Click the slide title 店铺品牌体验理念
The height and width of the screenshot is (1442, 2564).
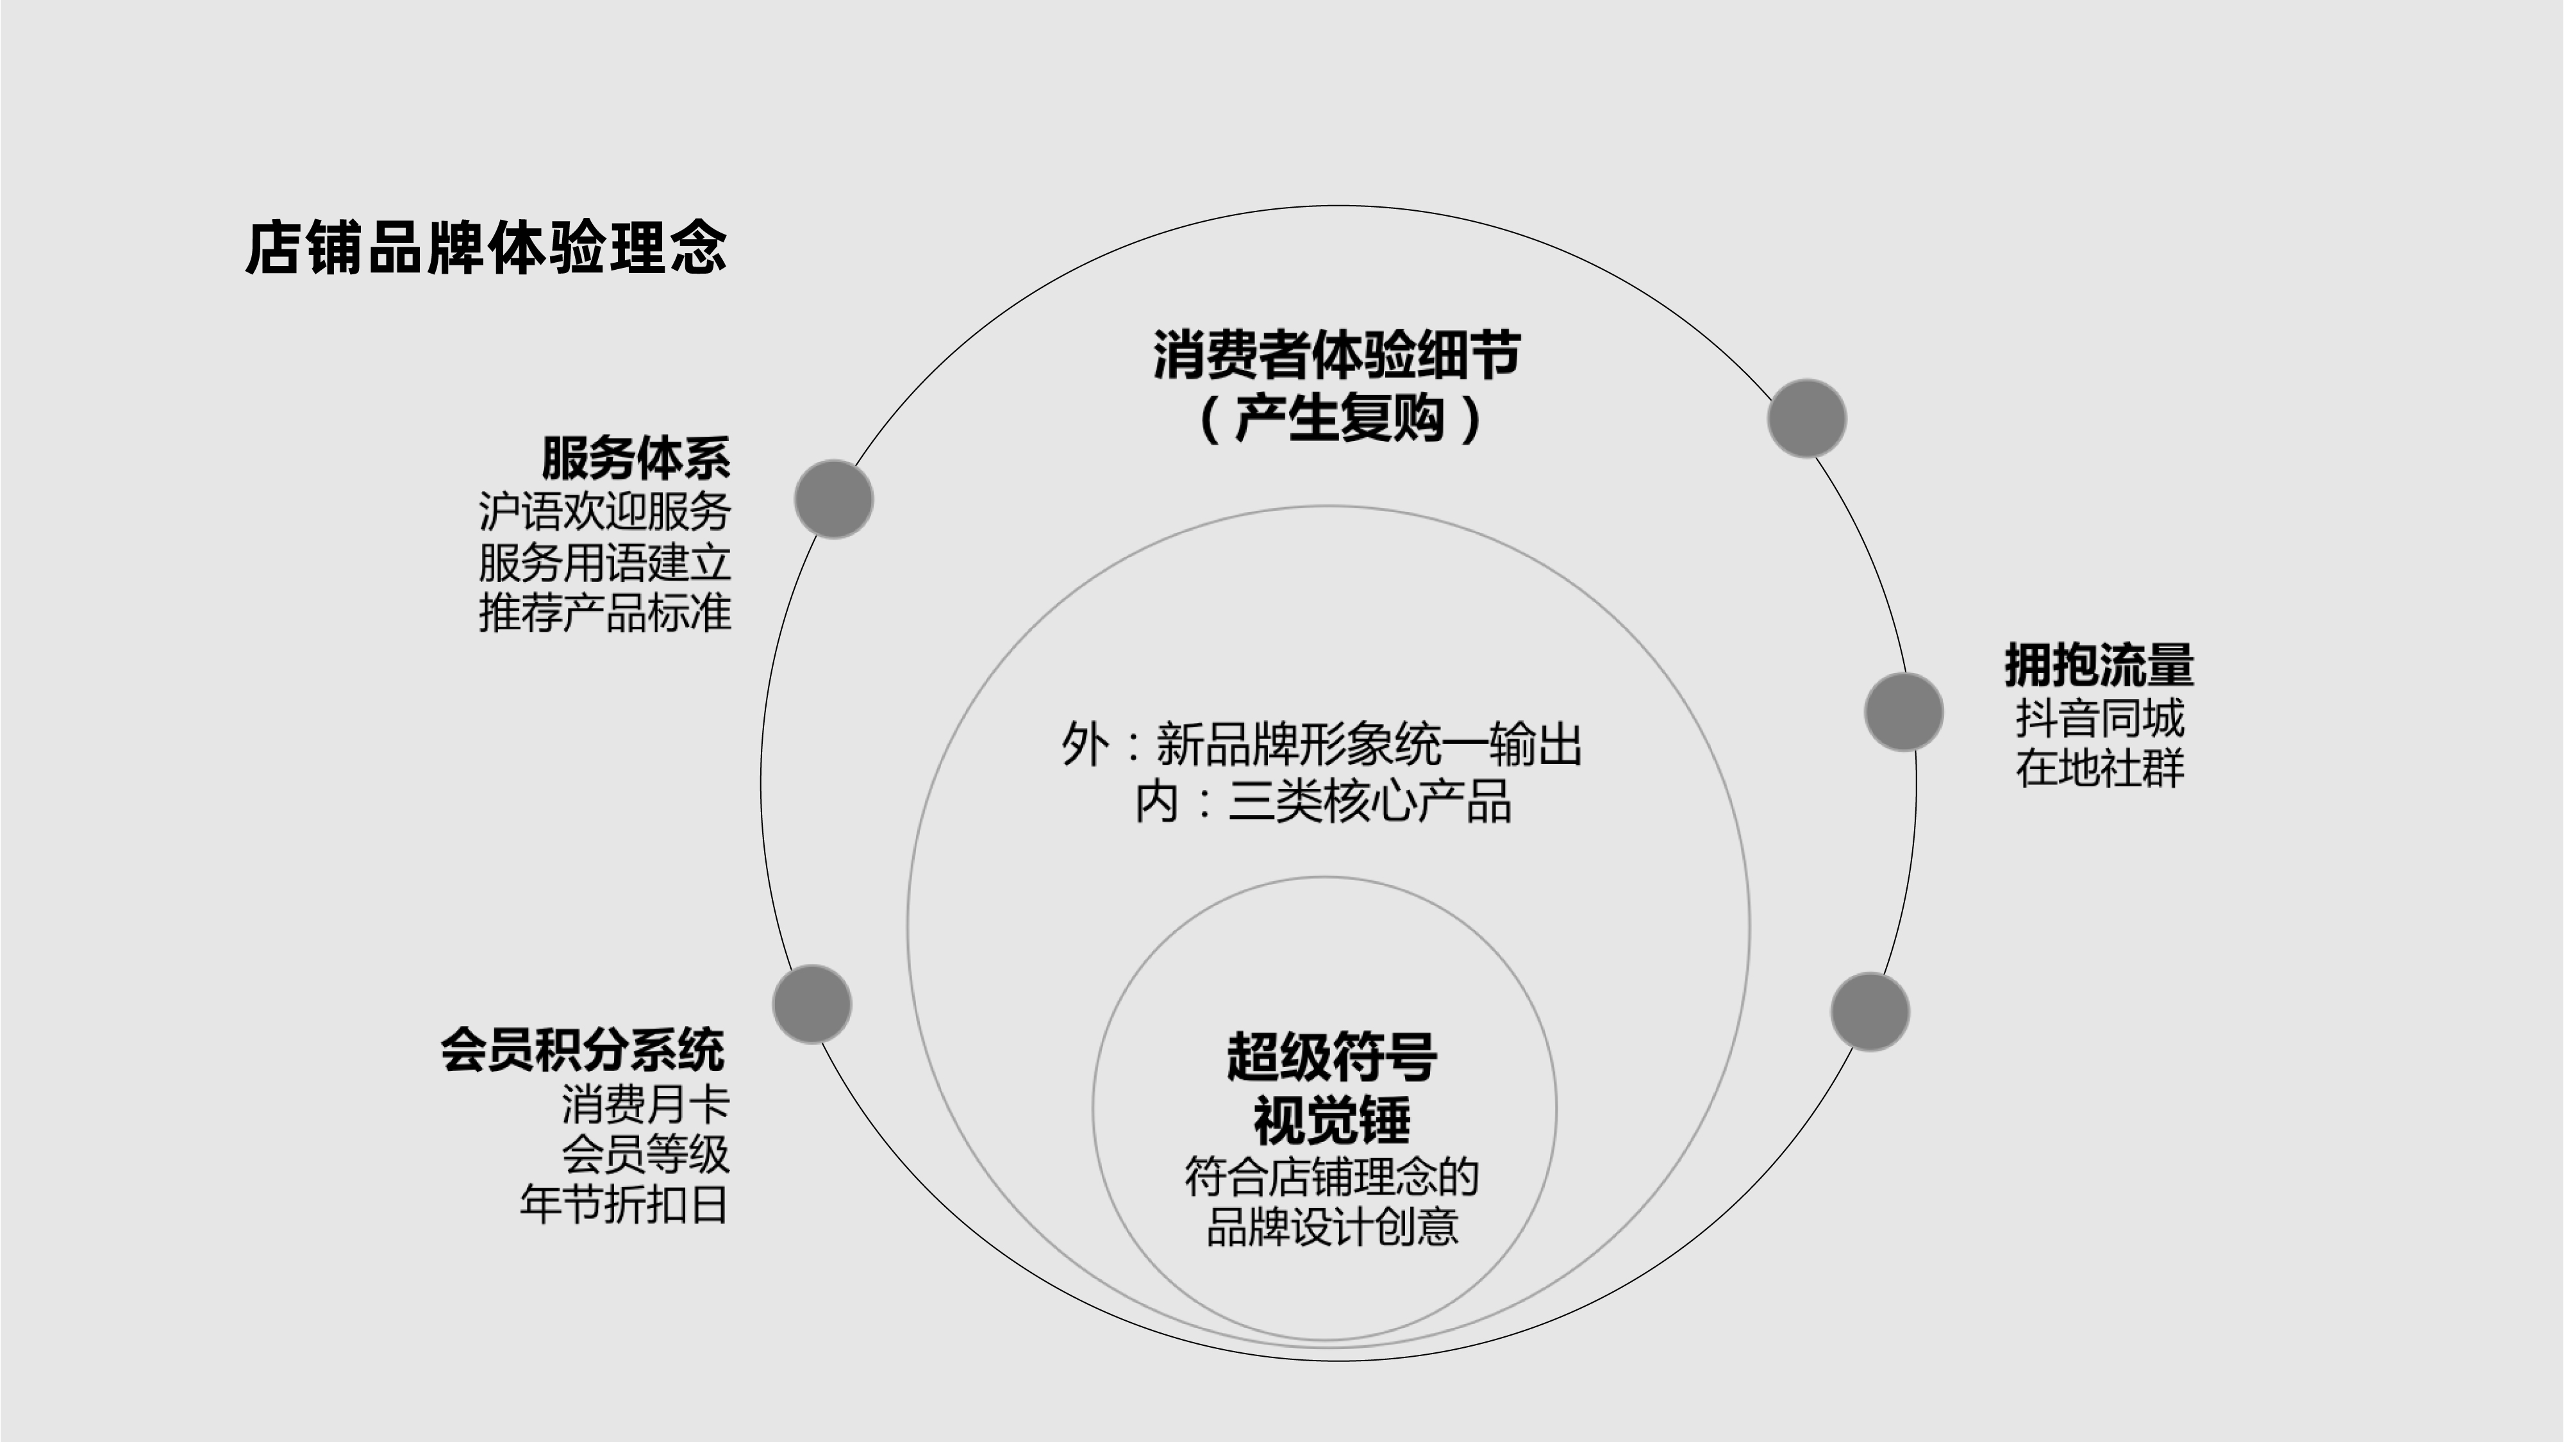(x=486, y=248)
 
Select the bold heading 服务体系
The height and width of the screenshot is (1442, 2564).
(x=635, y=459)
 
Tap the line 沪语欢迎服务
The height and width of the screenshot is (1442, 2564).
(x=604, y=511)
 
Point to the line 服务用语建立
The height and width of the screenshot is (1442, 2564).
(x=604, y=562)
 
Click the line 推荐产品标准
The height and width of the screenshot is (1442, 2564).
(x=604, y=613)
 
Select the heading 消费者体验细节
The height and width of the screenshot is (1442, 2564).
(x=1336, y=355)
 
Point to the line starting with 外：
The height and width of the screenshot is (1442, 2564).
(x=1321, y=744)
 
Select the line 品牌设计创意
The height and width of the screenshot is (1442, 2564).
(x=1332, y=1227)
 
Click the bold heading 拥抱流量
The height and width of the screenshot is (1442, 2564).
(x=2098, y=665)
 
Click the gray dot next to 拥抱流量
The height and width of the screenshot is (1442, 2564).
(x=1903, y=711)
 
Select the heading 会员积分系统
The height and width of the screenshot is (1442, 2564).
(x=582, y=1050)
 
